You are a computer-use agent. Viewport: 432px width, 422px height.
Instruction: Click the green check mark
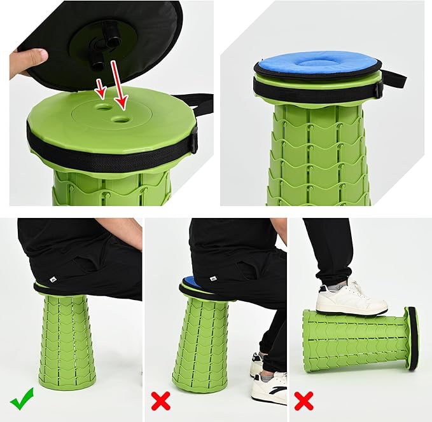pyautogui.click(x=22, y=401)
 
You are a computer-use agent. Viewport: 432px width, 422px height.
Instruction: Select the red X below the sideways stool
pyautogui.click(x=303, y=400)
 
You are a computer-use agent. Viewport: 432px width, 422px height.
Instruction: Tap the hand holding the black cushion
pyautogui.click(x=28, y=62)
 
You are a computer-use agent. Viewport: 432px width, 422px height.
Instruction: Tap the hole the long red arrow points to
pyautogui.click(x=120, y=118)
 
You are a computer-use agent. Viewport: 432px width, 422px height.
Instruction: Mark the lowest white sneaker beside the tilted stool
pyautogui.click(x=269, y=388)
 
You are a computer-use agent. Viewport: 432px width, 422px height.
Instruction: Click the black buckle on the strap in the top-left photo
pyautogui.click(x=193, y=139)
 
